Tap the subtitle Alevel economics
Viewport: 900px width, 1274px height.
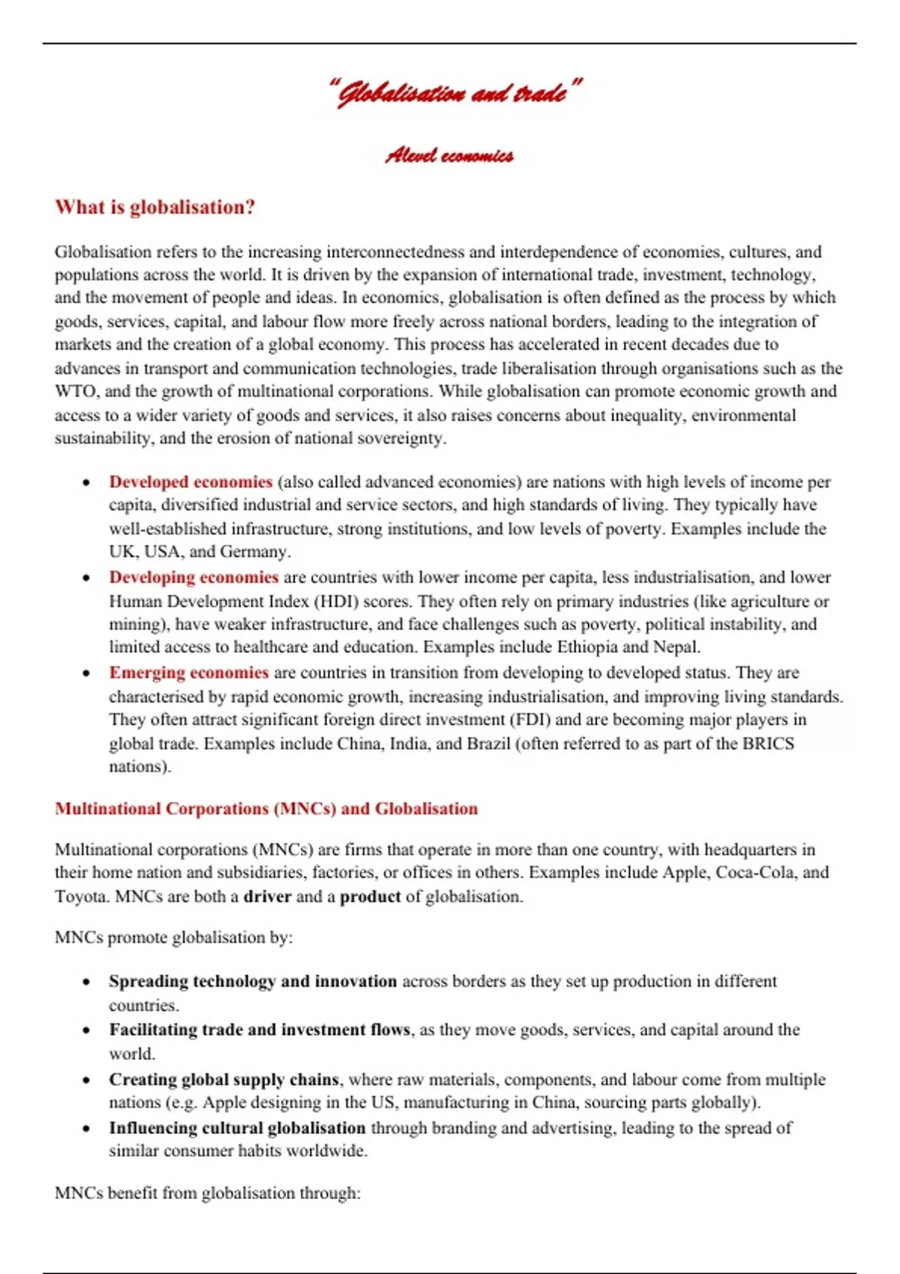[449, 156]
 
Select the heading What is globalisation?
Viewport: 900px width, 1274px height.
[154, 208]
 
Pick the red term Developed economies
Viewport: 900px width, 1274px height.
[190, 482]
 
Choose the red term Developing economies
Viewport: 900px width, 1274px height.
[193, 577]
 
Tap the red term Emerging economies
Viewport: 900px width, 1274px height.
[188, 672]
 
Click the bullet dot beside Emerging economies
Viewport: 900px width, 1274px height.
[87, 673]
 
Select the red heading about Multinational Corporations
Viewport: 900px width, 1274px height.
[266, 809]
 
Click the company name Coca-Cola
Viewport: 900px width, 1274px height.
[755, 872]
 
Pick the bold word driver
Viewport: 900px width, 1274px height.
[267, 896]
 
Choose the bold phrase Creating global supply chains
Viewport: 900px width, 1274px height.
[223, 1079]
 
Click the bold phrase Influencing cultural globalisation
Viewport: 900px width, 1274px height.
[237, 1128]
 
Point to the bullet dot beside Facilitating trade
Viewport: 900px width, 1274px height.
[87, 1030]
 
